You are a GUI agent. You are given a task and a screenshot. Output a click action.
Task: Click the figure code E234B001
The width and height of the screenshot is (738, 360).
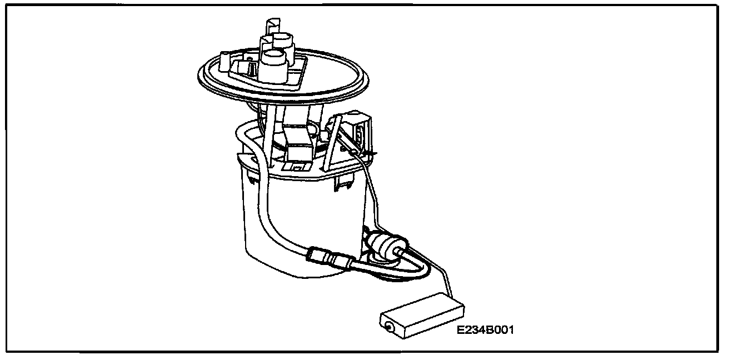(x=485, y=330)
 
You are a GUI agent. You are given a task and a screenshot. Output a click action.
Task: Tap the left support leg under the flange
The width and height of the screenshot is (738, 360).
(x=268, y=142)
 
